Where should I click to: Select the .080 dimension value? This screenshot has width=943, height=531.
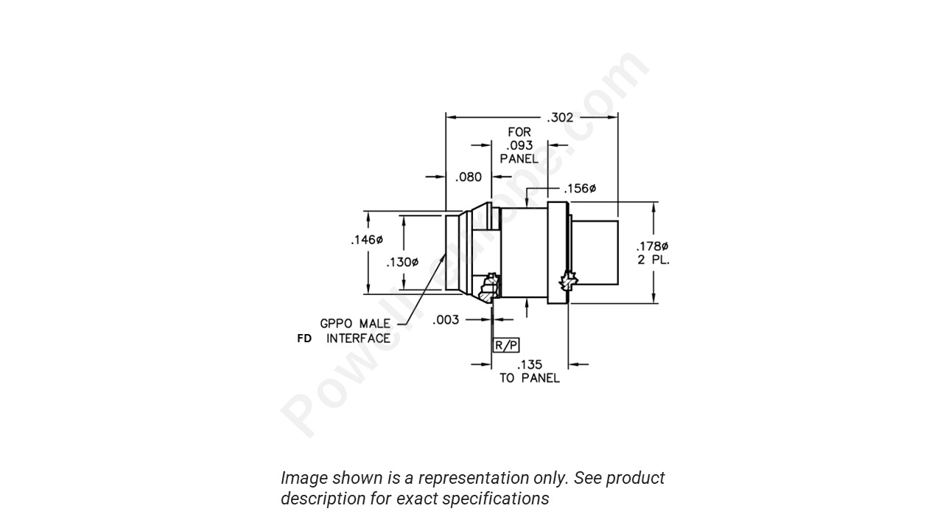coord(469,177)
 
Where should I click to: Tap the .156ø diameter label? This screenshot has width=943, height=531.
coord(580,189)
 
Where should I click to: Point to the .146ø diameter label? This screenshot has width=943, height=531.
coord(367,240)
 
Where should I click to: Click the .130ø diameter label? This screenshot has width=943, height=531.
coord(402,262)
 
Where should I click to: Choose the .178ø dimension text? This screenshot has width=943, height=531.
coord(652,246)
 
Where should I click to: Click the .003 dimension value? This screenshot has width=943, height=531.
coord(446,319)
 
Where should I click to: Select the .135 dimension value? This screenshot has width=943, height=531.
coord(530,364)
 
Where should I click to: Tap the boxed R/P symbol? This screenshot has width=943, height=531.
coord(506,345)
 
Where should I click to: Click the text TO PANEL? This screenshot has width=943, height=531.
coord(530,378)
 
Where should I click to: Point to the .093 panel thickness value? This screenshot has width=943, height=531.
coord(519,145)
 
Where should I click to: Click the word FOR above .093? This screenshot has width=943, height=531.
coord(519,132)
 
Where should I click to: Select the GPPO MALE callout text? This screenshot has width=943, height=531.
coord(355,324)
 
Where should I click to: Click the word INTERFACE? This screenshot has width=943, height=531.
coord(359,339)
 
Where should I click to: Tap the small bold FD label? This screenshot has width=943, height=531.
coord(304,339)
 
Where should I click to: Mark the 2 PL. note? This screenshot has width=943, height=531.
coord(653,260)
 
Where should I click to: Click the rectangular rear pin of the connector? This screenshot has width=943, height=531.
coord(595,252)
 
